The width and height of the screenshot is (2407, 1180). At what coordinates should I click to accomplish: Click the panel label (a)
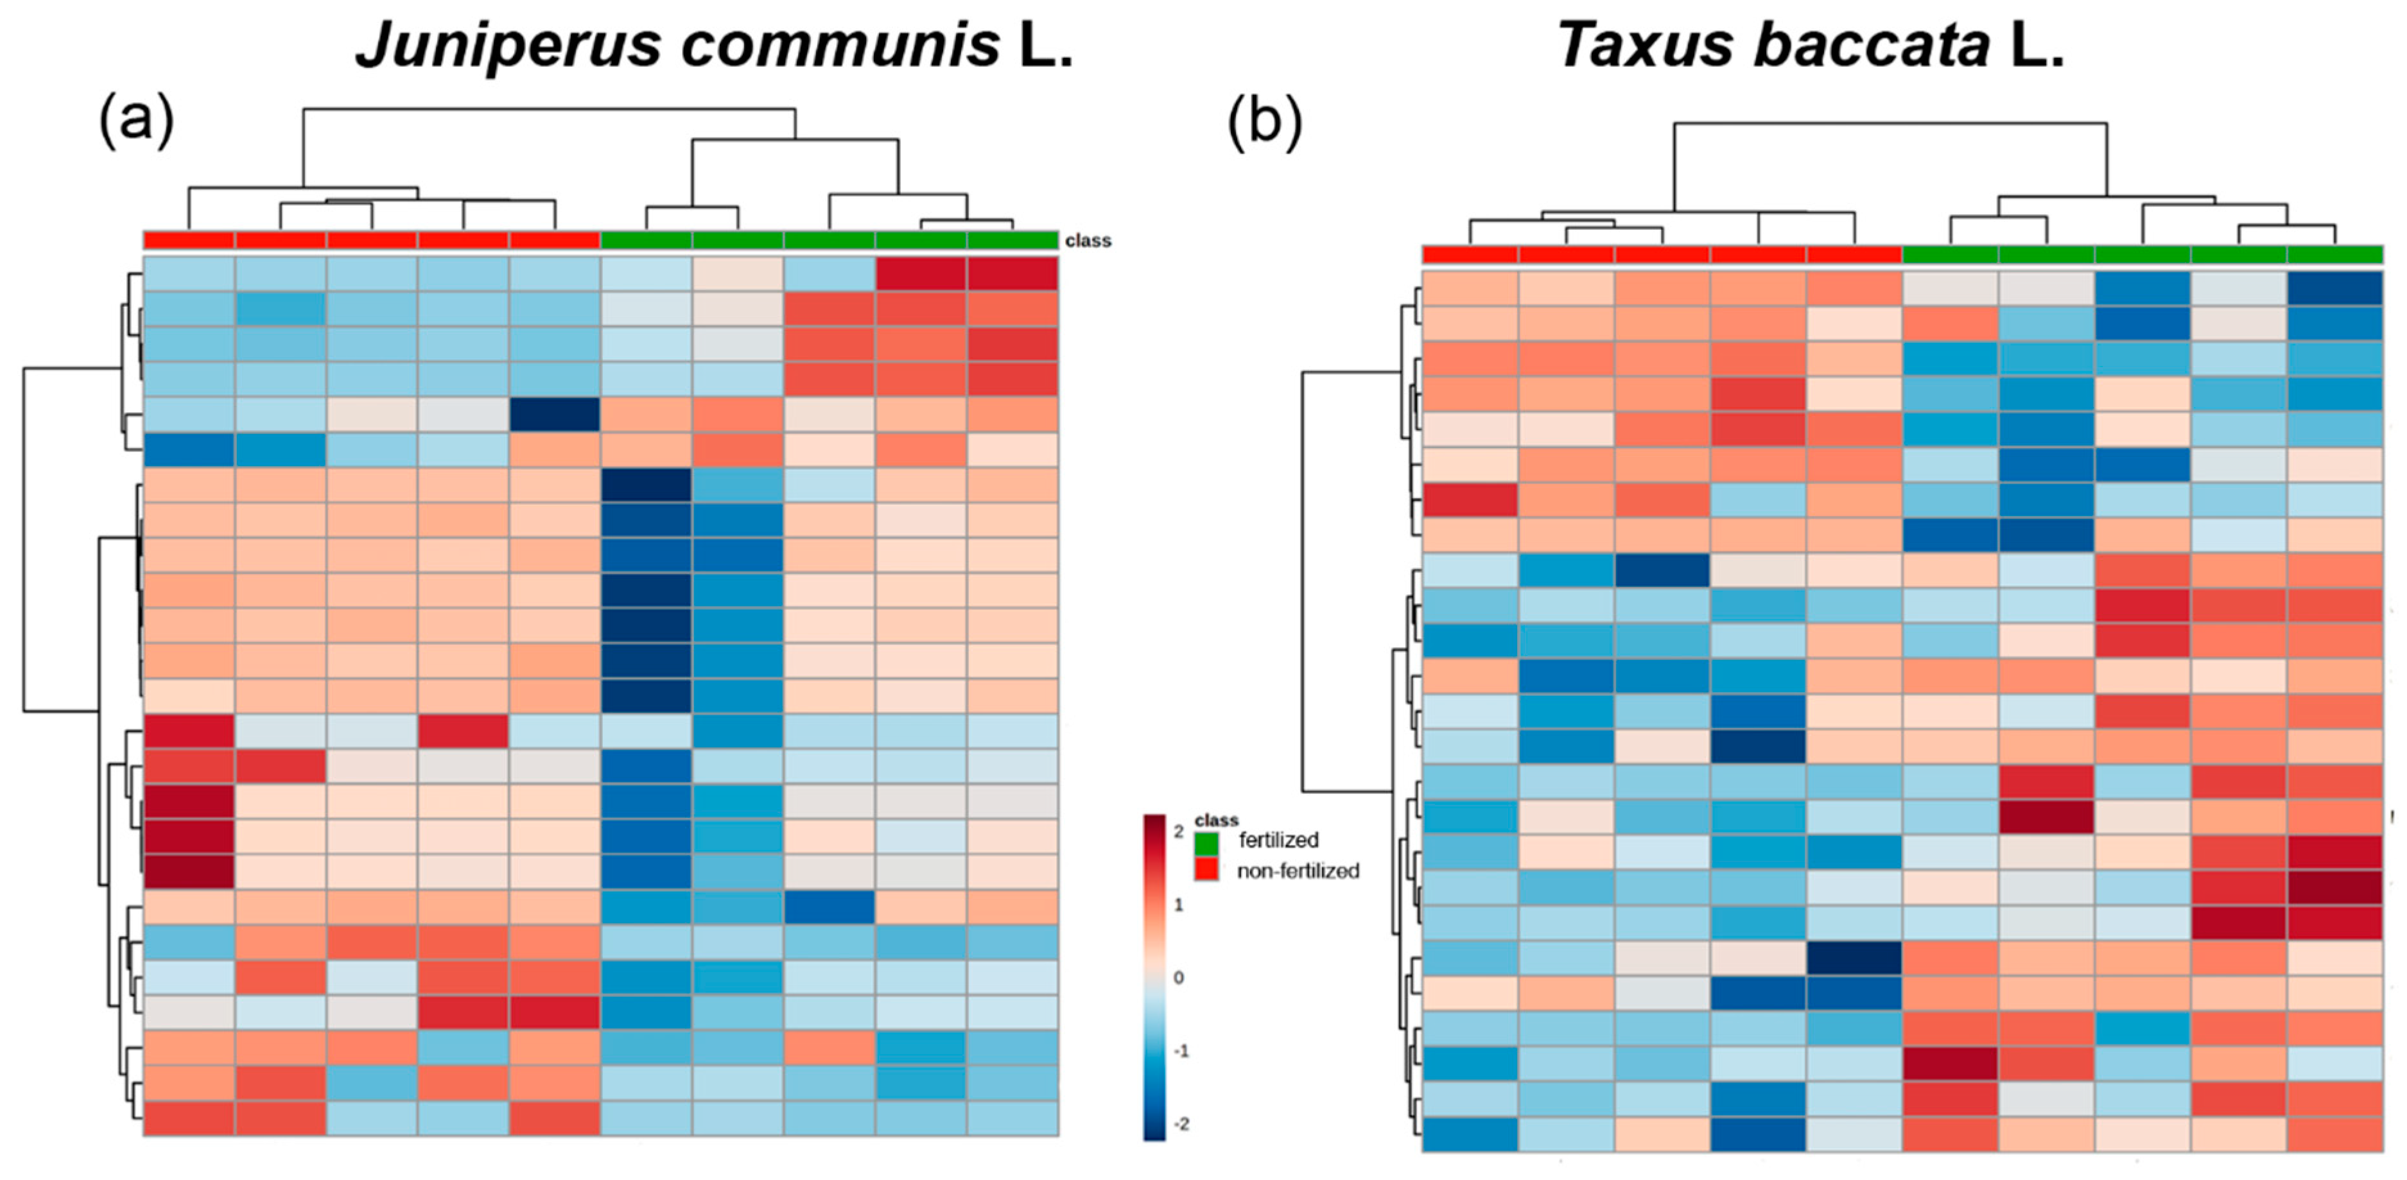(136, 119)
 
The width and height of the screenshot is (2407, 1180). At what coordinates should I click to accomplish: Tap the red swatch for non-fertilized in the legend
(1206, 870)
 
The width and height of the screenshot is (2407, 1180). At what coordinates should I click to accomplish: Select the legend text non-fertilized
(1298, 871)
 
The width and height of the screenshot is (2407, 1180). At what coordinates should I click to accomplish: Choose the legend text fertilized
(1278, 840)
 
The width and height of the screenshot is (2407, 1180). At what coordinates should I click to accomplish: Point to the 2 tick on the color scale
(1179, 831)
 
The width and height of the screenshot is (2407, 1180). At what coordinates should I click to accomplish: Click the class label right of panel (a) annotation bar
(1088, 240)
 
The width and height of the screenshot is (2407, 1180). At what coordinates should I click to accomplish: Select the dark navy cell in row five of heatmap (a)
(554, 415)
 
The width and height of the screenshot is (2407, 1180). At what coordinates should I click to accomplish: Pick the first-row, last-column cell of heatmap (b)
(2334, 289)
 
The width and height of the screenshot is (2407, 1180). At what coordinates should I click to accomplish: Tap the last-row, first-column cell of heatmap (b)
(1470, 1133)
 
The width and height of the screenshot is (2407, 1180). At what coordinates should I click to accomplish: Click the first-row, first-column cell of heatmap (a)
(189, 273)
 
